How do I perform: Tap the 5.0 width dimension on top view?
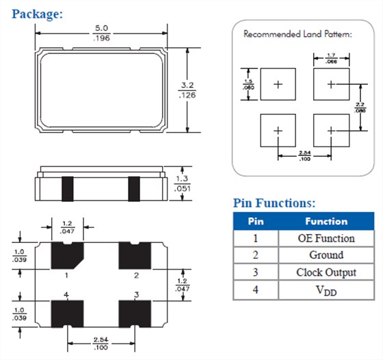[x=101, y=29]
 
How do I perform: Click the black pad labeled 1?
[x=67, y=256]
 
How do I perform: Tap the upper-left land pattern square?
[x=278, y=85]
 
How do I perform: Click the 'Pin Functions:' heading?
[x=274, y=203]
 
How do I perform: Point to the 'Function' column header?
[x=326, y=222]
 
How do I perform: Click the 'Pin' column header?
[x=255, y=222]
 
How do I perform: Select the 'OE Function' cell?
[x=326, y=238]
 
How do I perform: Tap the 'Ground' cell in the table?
[x=326, y=255]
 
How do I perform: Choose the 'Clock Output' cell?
[x=326, y=272]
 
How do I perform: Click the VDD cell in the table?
[x=326, y=290]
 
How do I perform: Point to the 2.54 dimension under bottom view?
[x=101, y=342]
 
